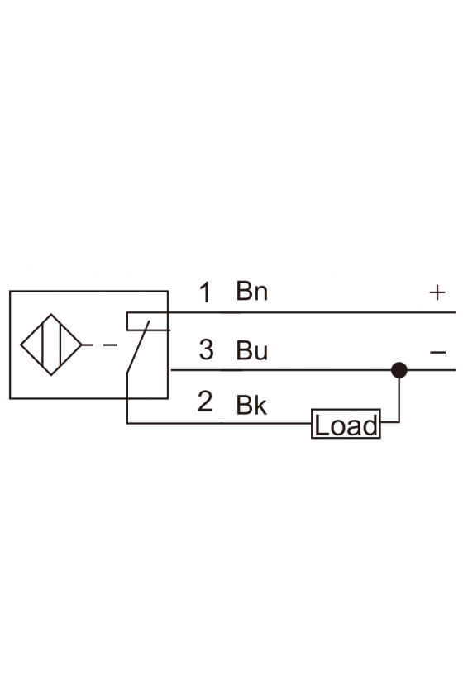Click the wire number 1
(205, 292)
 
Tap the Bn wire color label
(251, 291)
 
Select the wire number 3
(206, 349)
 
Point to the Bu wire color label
(252, 350)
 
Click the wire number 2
(205, 402)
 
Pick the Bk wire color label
(251, 405)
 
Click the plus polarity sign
(437, 292)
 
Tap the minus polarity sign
(437, 352)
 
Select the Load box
(346, 424)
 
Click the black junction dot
(399, 370)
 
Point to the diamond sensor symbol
(51, 345)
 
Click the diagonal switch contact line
(138, 348)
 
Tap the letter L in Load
(320, 425)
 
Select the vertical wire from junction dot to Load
(399, 400)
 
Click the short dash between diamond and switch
(110, 345)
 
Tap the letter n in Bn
(261, 294)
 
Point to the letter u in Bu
(261, 353)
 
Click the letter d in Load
(371, 425)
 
